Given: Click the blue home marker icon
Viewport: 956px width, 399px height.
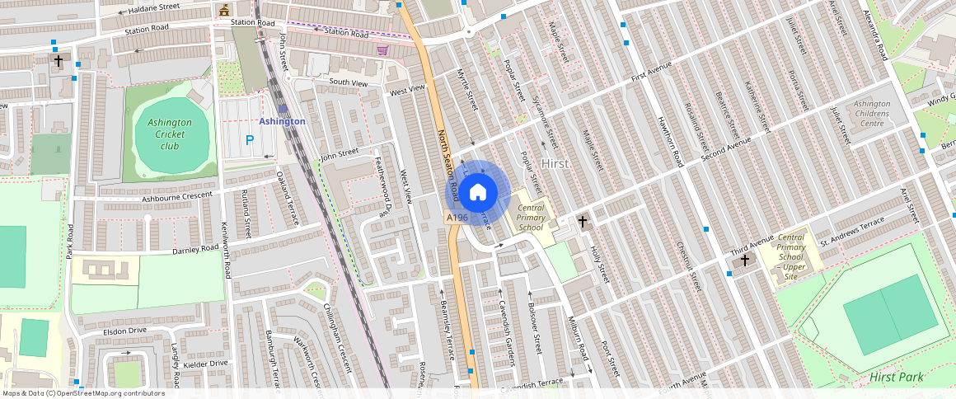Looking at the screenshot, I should [x=477, y=193].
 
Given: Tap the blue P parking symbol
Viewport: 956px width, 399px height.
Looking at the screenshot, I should [x=249, y=141].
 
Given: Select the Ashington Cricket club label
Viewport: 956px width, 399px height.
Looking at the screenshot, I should [x=169, y=134].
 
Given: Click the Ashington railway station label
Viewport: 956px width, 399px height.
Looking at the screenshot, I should [x=282, y=121].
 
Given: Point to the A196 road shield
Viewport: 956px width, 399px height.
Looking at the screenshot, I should [x=457, y=218].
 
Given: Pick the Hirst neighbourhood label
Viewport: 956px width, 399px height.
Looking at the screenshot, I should [x=555, y=164].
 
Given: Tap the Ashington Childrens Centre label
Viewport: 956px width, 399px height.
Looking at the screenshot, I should [x=872, y=114].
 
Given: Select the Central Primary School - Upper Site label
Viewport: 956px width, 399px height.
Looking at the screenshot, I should [x=791, y=252].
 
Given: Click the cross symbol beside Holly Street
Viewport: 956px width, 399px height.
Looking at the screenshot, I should [x=583, y=221].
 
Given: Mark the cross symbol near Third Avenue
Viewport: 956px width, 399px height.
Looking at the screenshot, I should [x=745, y=261].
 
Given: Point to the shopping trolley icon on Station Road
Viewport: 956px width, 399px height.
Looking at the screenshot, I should [x=382, y=50].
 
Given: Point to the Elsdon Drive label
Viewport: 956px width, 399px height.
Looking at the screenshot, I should [x=124, y=331].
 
